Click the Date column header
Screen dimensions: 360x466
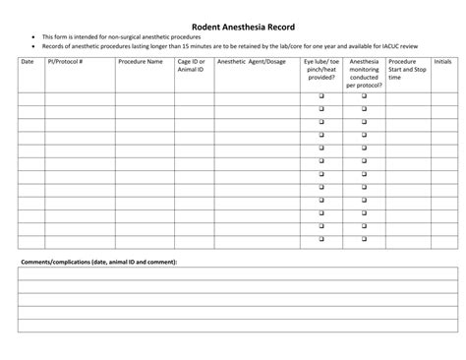27,62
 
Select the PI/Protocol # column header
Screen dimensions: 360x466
65,62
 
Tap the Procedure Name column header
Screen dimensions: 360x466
141,62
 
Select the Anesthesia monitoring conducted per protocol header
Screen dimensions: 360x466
364,74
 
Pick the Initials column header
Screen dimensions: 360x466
442,62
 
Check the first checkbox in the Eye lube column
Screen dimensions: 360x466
320,96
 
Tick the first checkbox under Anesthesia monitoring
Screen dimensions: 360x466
364,96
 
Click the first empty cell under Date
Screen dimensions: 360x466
30,97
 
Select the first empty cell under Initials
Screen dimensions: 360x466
442,97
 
